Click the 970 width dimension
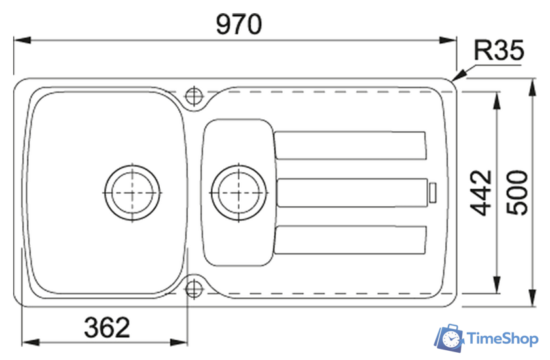click(239, 24)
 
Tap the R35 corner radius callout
click(499, 50)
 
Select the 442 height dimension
click(481, 193)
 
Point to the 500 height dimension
click(517, 192)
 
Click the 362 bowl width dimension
click(107, 327)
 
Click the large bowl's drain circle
click(132, 192)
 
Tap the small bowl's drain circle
click(239, 192)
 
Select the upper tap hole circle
click(194, 96)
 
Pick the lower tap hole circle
click(194, 289)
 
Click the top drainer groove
click(350, 145)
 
